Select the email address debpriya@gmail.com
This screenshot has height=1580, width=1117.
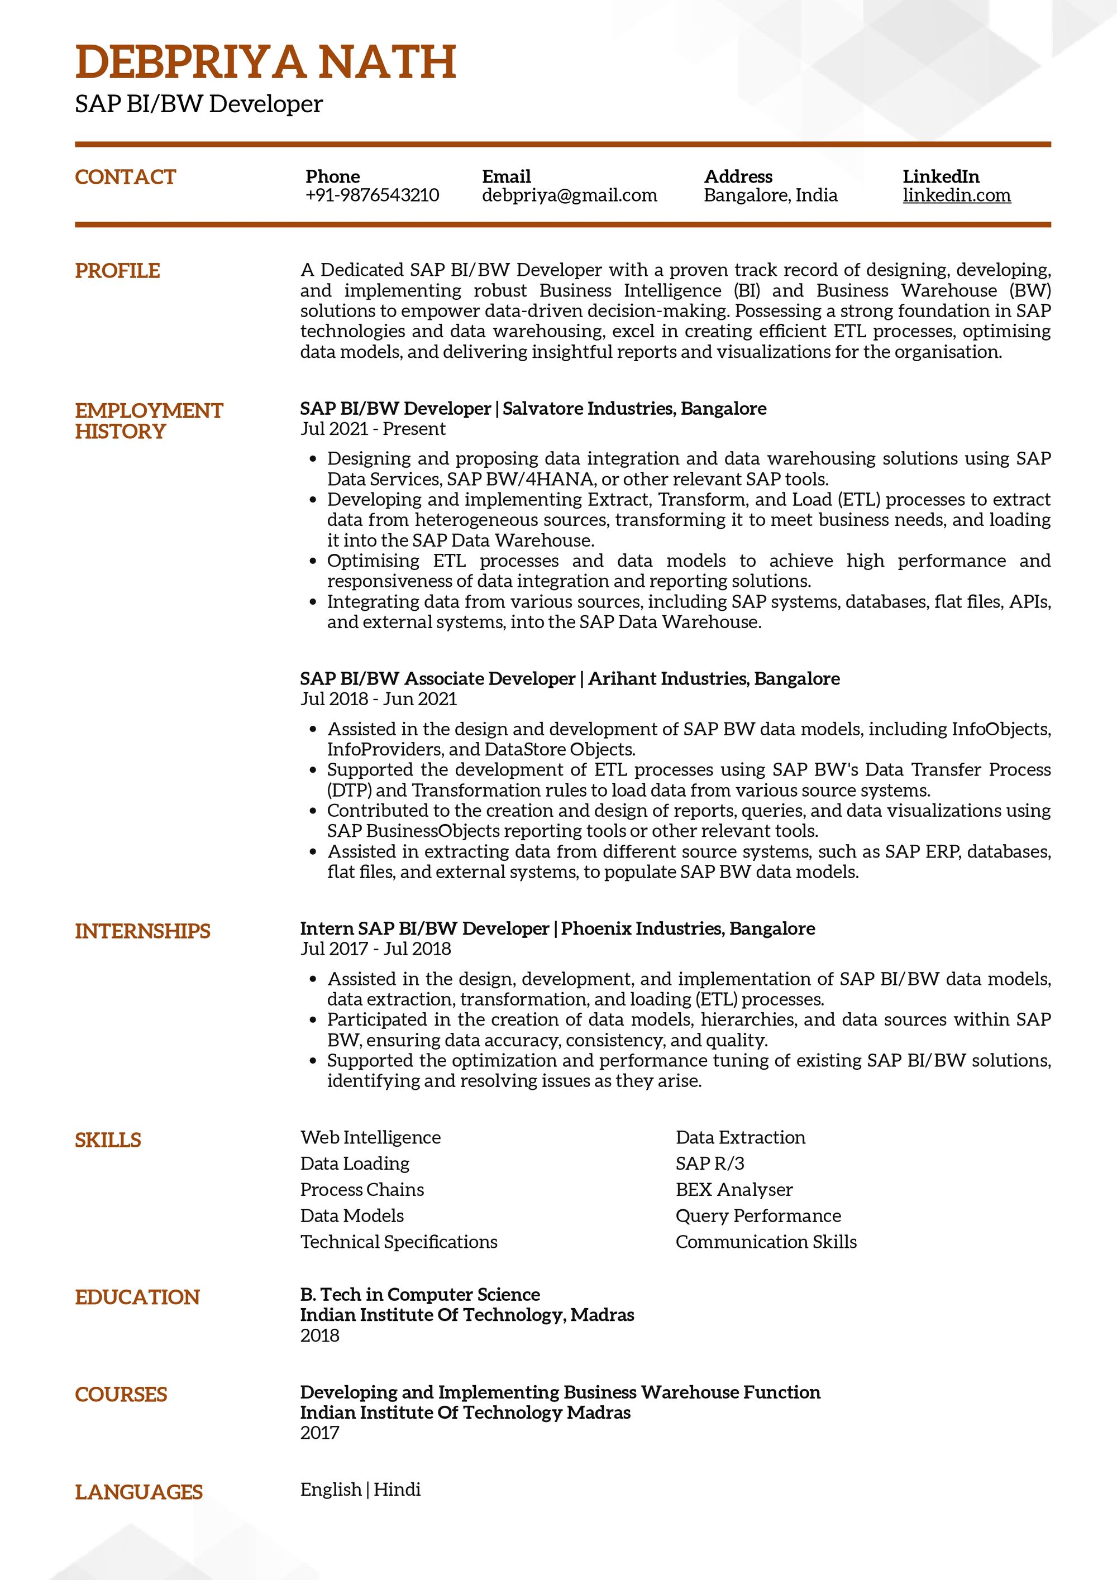(569, 195)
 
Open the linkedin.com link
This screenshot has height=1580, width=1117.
(956, 195)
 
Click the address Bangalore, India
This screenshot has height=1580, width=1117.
(770, 195)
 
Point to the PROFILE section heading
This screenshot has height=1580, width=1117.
(117, 270)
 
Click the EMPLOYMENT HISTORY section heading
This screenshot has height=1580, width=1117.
(149, 420)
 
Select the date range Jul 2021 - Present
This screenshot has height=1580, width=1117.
(373, 429)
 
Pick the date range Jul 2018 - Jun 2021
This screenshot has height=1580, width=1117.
(379, 699)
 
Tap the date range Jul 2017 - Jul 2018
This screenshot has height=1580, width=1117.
(375, 949)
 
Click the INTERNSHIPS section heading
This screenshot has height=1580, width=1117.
(142, 931)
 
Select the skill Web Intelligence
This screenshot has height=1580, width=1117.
(370, 1137)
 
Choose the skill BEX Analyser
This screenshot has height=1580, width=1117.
(734, 1190)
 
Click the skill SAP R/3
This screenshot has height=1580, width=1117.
(709, 1164)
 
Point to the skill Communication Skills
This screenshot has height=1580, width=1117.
(766, 1242)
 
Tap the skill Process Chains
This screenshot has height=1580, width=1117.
(362, 1190)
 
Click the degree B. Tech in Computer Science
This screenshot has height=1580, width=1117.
(420, 1294)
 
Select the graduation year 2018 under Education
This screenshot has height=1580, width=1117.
(320, 1335)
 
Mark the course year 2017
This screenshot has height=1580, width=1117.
(320, 1433)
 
